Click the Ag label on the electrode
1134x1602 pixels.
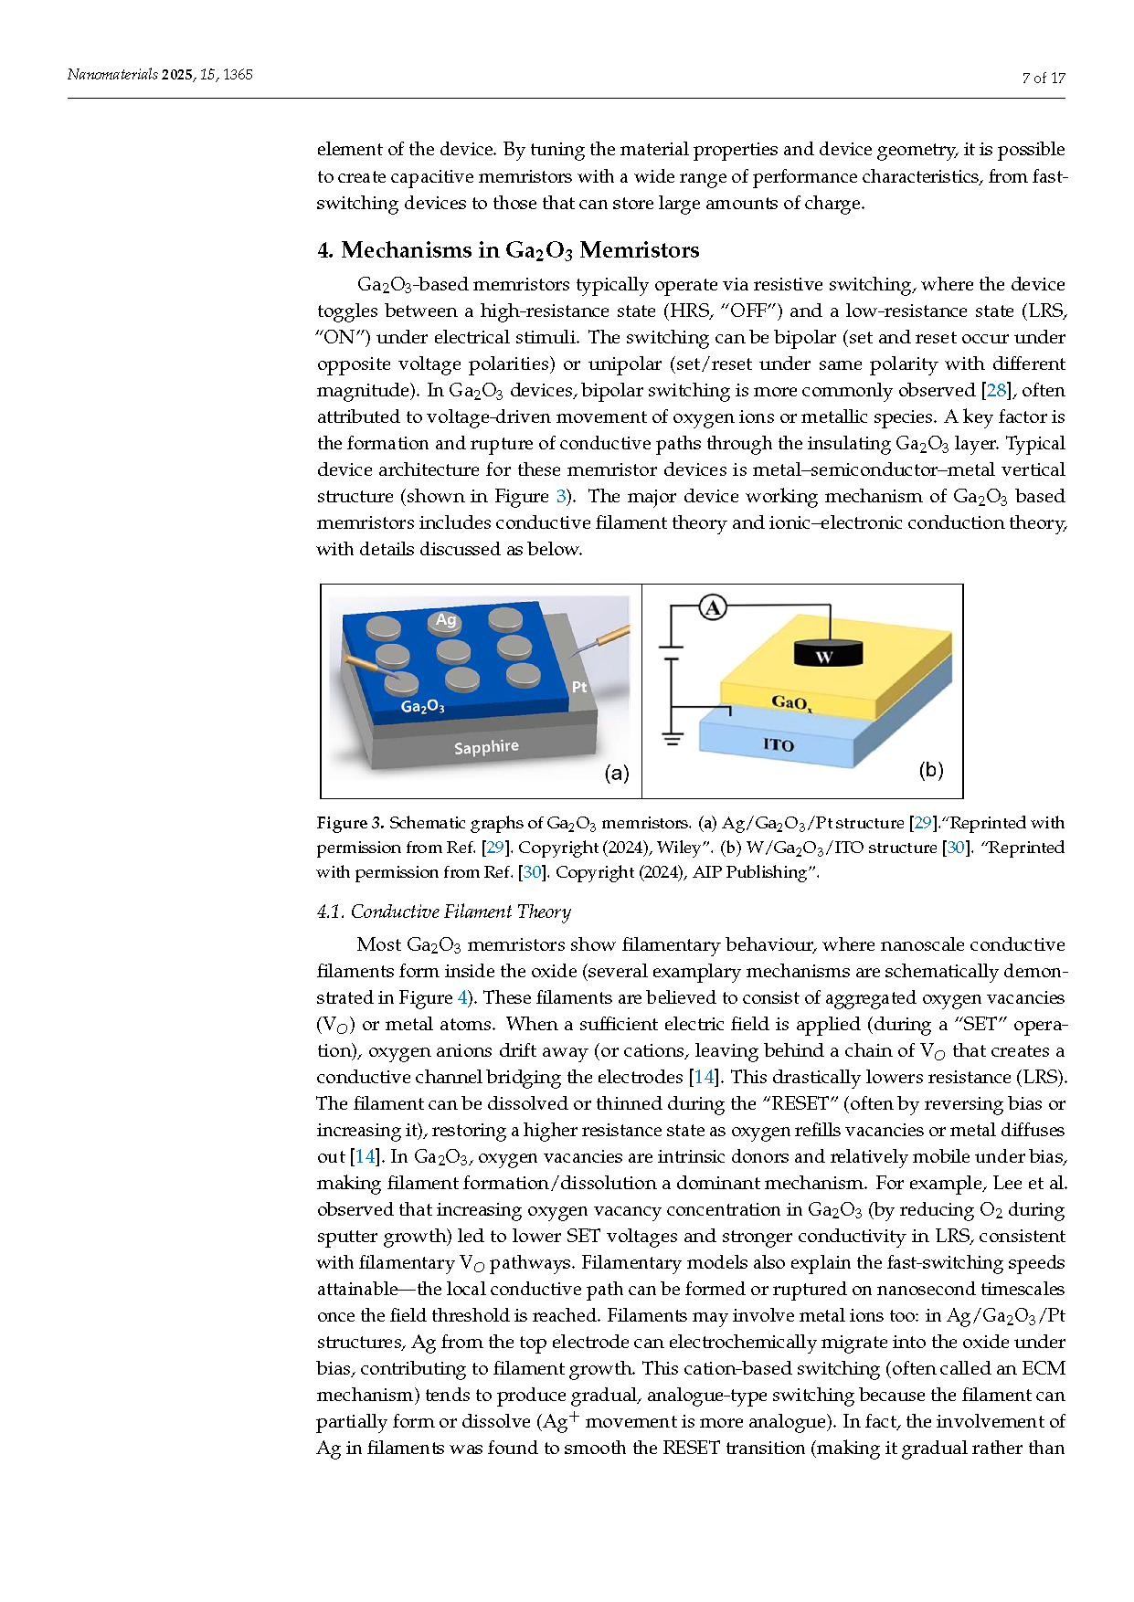point(446,620)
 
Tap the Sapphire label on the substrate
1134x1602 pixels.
point(486,747)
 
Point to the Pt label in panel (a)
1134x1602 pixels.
point(579,687)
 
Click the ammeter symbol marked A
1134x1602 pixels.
point(713,607)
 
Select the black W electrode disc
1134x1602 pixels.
point(826,652)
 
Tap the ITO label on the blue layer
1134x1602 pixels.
point(779,745)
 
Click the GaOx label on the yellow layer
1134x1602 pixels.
point(791,702)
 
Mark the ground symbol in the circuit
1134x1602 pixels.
point(673,737)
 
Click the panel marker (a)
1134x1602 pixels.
point(617,773)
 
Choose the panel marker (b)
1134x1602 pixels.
point(931,770)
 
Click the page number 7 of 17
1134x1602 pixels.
point(1044,79)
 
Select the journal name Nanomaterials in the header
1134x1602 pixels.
point(112,75)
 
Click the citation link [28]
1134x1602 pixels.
point(995,391)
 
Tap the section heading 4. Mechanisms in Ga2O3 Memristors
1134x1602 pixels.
point(508,250)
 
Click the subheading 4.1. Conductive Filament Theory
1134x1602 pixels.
point(444,912)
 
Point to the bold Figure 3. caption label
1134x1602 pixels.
point(350,823)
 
